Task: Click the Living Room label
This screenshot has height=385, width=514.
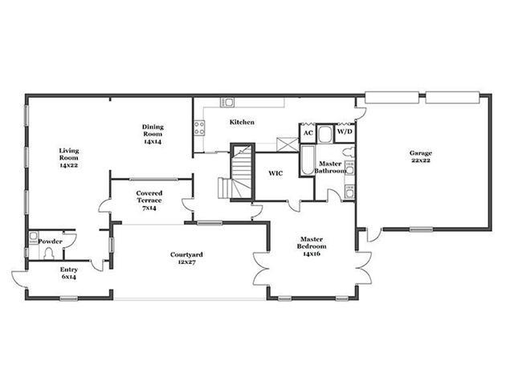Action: pyautogui.click(x=69, y=158)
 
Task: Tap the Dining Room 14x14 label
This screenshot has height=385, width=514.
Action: pyautogui.click(x=153, y=134)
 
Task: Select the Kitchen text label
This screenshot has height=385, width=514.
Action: pyautogui.click(x=242, y=122)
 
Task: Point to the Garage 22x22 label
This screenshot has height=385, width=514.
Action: pyautogui.click(x=421, y=156)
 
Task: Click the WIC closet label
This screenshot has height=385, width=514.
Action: pyautogui.click(x=275, y=173)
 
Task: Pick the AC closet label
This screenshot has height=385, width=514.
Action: pyautogui.click(x=308, y=133)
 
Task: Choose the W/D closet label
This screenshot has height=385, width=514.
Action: pyautogui.click(x=345, y=132)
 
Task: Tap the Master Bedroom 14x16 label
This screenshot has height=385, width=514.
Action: pyautogui.click(x=312, y=246)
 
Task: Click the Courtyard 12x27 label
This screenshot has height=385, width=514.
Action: pyautogui.click(x=186, y=258)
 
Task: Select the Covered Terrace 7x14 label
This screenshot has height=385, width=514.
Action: pyautogui.click(x=149, y=201)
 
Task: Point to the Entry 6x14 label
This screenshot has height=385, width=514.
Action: pyautogui.click(x=69, y=273)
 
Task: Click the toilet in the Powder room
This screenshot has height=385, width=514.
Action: pyautogui.click(x=49, y=253)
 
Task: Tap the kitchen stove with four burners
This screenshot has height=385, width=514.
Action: pyautogui.click(x=200, y=128)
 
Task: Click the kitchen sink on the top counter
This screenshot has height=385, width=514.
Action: pyautogui.click(x=226, y=102)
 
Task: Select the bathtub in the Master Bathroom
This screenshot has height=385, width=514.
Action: pyautogui.click(x=308, y=160)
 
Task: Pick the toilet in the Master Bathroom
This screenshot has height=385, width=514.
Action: pyautogui.click(x=349, y=152)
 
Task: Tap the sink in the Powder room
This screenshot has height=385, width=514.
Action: pyautogui.click(x=34, y=237)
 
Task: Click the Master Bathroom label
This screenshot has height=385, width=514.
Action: pyautogui.click(x=330, y=167)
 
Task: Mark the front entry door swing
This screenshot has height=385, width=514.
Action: pyautogui.click(x=18, y=278)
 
